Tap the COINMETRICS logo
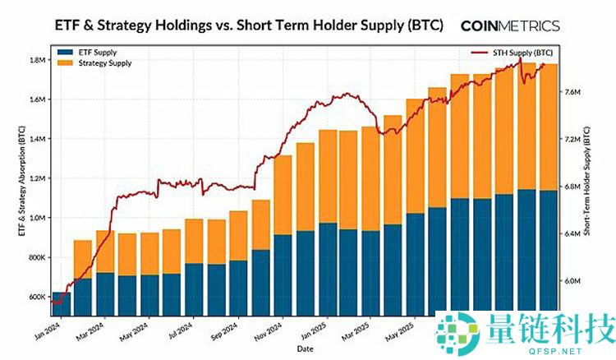pyautogui.click(x=510, y=25)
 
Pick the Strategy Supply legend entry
pyautogui.click(x=102, y=62)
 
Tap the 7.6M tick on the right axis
pyautogui.click(x=572, y=92)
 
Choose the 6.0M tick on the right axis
pyautogui.click(x=572, y=280)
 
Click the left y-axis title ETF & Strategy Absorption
pyautogui.click(x=21, y=180)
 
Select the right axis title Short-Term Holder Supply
pyautogui.click(x=589, y=180)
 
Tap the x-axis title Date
pyautogui.click(x=304, y=348)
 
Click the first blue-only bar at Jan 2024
pyautogui.click(x=62, y=302)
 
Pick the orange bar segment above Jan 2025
pyautogui.click(x=328, y=176)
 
